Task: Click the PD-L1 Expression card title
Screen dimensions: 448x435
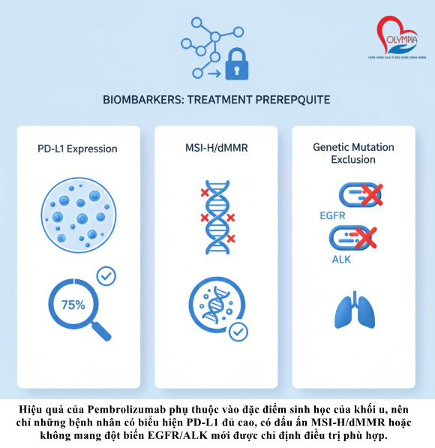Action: coord(78,149)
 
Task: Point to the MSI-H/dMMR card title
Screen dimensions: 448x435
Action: coord(217,149)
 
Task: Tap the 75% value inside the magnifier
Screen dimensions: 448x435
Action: coord(72,305)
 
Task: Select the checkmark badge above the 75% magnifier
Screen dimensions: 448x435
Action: coord(106,277)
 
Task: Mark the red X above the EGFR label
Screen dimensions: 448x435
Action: coord(369,197)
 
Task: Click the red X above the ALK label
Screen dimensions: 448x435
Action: coord(365,239)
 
